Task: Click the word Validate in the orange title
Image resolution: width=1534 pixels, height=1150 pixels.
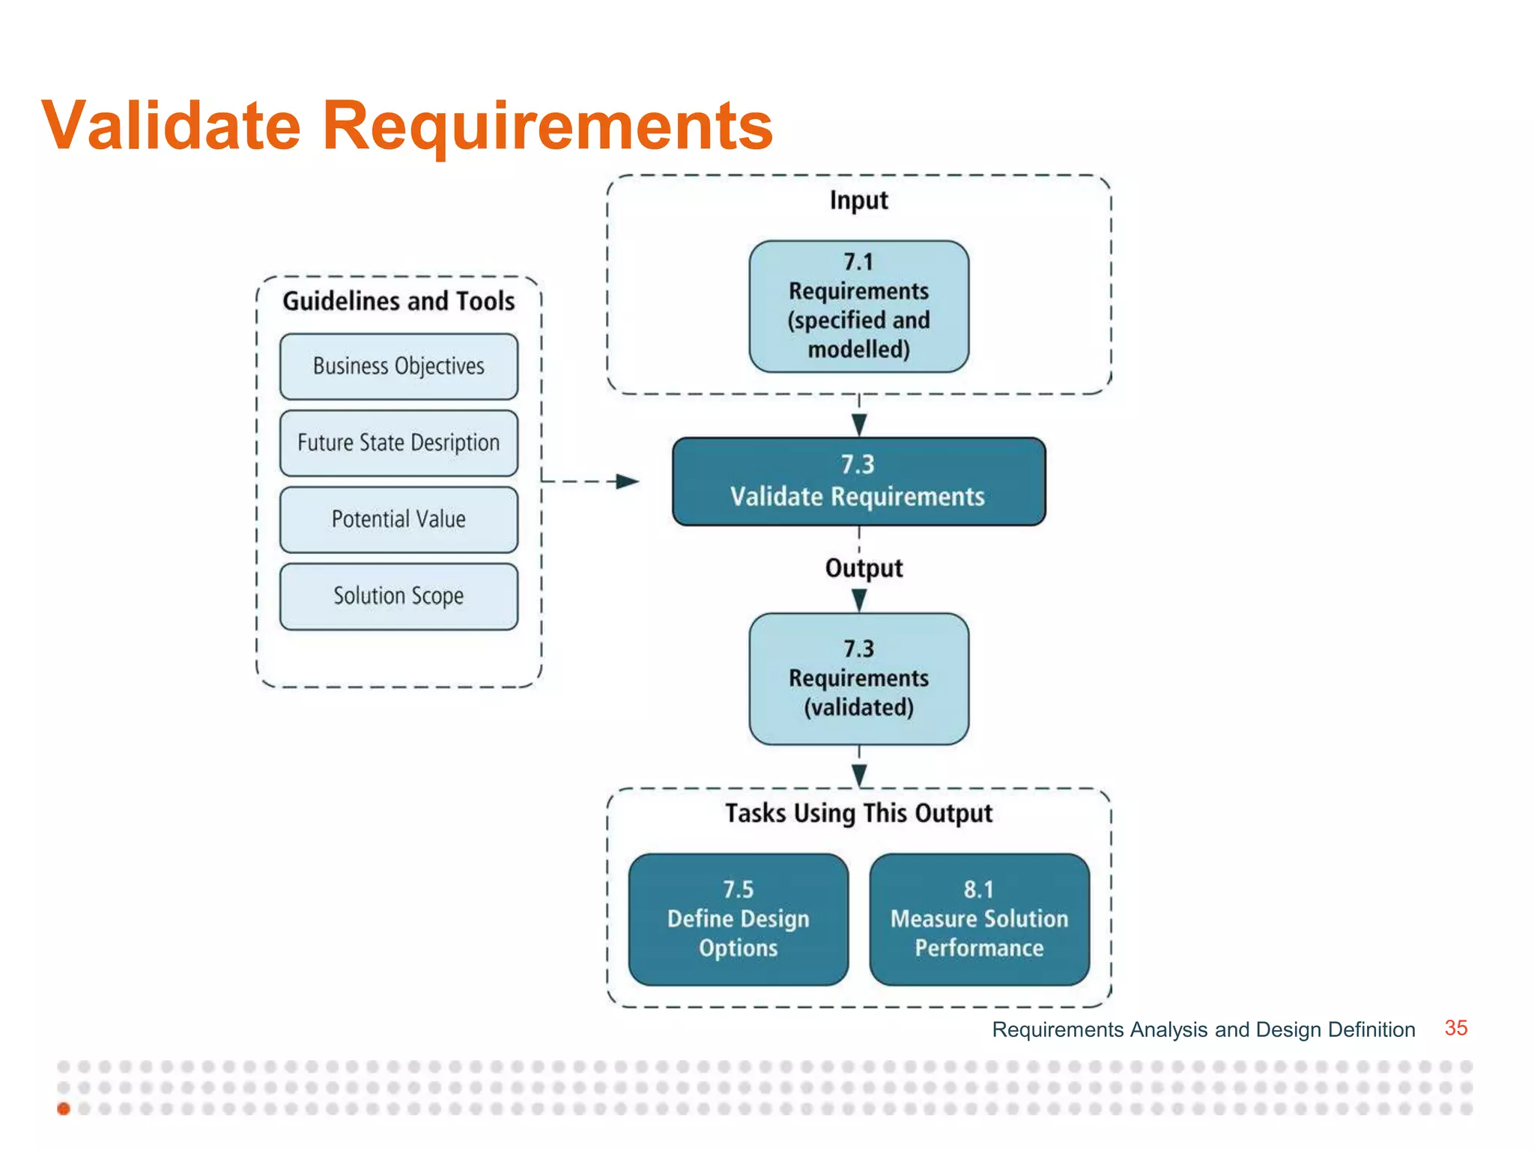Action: coord(172,125)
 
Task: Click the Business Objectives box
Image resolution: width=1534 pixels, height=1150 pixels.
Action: coord(398,366)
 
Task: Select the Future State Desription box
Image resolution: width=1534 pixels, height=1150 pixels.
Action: coord(398,442)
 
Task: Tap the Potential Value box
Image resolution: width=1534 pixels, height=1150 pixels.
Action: coord(398,520)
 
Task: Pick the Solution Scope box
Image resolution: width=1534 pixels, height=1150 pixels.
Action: coord(398,596)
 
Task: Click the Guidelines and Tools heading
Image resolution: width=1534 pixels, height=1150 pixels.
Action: coord(398,301)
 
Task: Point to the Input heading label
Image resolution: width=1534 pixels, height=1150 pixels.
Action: coord(858,201)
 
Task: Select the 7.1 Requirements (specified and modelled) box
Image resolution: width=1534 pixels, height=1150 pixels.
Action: coord(858,306)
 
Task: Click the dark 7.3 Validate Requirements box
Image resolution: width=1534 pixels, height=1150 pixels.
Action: coord(858,481)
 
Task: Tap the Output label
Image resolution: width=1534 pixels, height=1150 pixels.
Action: coord(864,568)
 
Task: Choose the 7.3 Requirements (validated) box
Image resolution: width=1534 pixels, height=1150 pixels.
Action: coord(858,678)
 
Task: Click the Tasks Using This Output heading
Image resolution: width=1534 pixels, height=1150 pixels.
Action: coord(858,813)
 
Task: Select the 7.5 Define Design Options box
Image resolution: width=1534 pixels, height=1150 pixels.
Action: coord(739,919)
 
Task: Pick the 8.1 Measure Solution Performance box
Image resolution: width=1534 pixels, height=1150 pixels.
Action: coord(979,919)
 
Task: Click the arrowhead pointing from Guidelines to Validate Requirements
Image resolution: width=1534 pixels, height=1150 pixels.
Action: coord(628,481)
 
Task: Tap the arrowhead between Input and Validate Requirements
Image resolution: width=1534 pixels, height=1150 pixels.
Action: coord(859,425)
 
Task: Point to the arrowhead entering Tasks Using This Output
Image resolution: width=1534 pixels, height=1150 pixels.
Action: coord(859,775)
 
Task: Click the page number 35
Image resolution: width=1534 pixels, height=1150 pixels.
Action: coord(1455,1028)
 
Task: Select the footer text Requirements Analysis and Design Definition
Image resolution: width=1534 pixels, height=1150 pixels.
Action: coord(1203,1029)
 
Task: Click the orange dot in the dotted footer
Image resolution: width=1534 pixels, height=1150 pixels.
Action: coord(64,1109)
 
